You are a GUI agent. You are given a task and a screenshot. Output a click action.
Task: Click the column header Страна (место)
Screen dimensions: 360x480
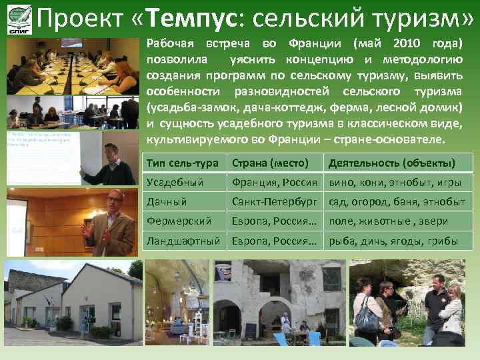click(270, 163)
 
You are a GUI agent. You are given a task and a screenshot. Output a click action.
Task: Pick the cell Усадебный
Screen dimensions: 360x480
click(168, 183)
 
